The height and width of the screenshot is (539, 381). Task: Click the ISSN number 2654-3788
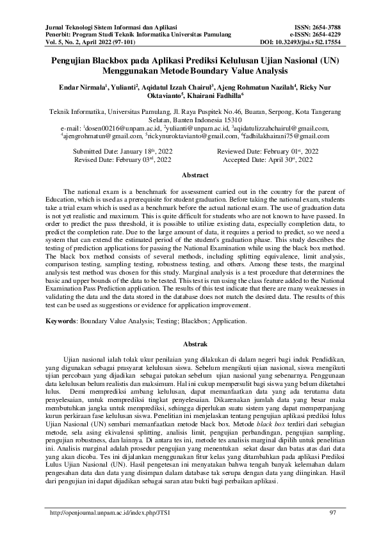(x=324, y=28)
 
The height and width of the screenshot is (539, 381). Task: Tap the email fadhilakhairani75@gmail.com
(x=286, y=136)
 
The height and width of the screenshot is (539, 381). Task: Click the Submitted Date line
(x=123, y=150)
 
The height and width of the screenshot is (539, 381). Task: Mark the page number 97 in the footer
(x=332, y=513)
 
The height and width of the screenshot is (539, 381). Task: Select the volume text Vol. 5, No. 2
(x=53, y=42)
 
